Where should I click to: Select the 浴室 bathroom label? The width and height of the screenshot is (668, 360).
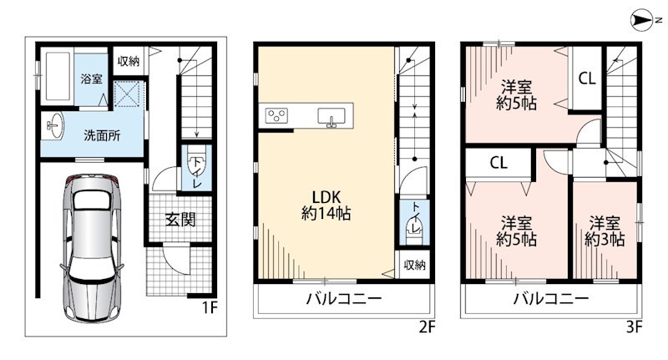[x=92, y=79]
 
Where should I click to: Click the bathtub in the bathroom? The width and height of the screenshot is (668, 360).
[x=58, y=76]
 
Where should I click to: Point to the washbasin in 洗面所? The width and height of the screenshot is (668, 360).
[x=54, y=125]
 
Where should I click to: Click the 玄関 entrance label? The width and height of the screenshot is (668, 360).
[x=180, y=220]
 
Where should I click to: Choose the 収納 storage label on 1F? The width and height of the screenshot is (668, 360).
[x=129, y=61]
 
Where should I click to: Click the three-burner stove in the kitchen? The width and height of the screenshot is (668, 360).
[x=276, y=115]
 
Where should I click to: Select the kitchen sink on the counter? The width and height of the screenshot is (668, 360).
[x=331, y=116]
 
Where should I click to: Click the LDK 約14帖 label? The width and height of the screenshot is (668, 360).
[x=326, y=205]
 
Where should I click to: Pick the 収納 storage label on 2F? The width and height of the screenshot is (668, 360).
[x=414, y=265]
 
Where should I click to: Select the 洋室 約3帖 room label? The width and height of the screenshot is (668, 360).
[x=605, y=231]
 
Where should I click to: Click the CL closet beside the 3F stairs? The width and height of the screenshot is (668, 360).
[x=587, y=79]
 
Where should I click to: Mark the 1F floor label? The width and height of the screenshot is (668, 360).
[x=210, y=307]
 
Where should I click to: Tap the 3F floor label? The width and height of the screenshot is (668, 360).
[x=634, y=327]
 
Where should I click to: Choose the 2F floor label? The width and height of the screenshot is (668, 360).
[x=428, y=327]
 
